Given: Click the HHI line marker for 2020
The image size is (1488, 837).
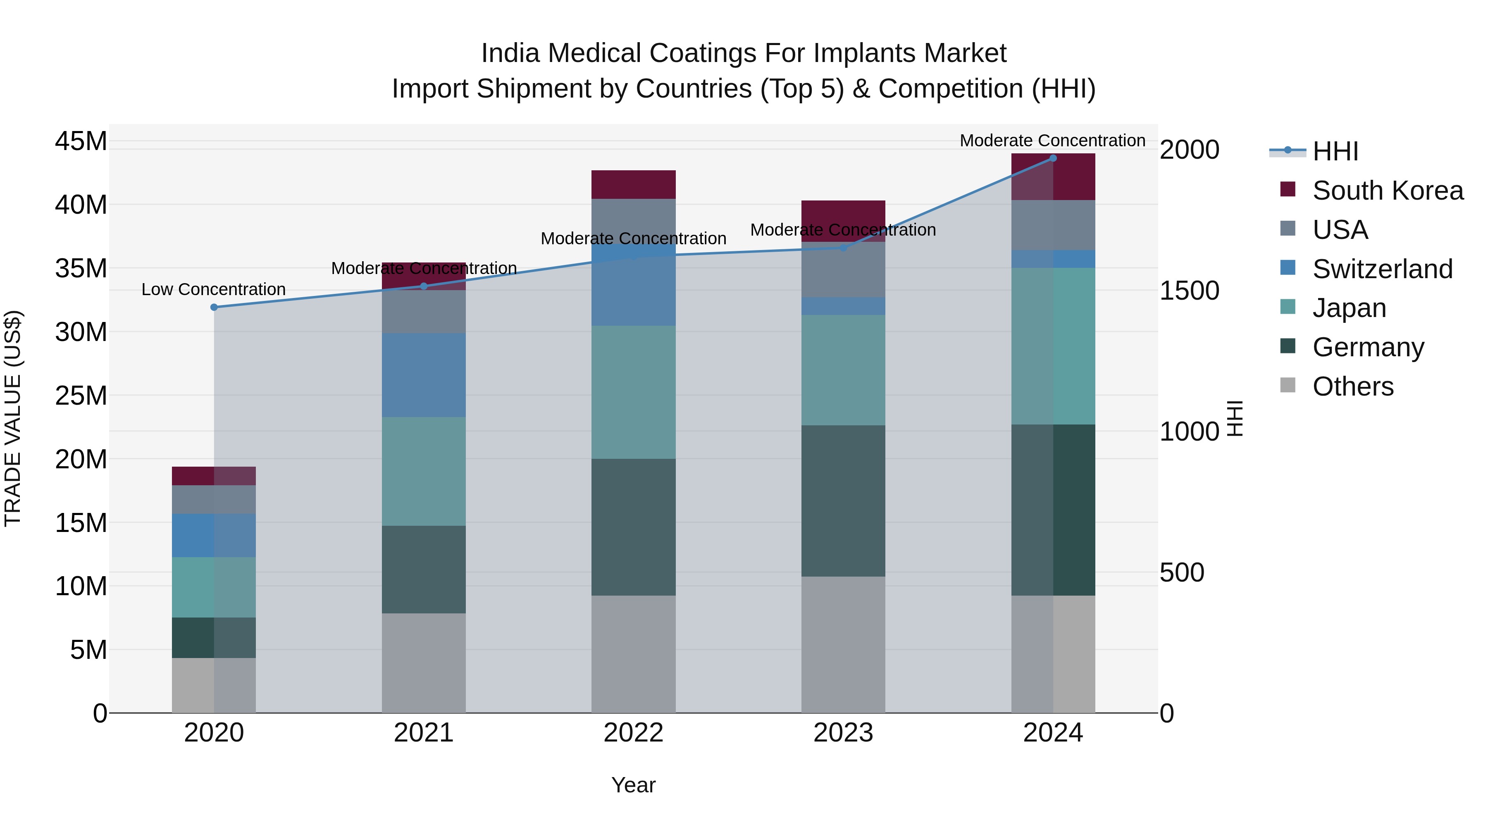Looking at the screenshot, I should point(214,307).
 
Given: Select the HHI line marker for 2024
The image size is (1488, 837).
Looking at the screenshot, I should point(1052,158).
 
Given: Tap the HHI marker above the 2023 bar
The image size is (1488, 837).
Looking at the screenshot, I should point(843,248).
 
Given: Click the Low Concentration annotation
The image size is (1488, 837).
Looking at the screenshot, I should point(213,289).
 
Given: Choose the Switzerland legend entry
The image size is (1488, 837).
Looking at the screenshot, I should point(1382,269).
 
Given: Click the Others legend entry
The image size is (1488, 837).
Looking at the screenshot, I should point(1352,386).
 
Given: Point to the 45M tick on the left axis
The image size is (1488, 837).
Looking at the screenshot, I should point(81,141).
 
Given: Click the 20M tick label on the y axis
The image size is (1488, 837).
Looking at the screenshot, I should point(81,460).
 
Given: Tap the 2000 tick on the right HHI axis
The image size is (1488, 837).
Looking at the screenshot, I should point(1189,150).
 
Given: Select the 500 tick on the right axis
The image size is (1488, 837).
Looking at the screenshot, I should point(1181,572).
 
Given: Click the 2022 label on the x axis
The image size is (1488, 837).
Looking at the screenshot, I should point(633,733).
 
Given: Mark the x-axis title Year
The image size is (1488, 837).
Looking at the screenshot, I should point(633,785).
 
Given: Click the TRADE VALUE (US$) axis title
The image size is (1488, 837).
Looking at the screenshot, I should point(13,419).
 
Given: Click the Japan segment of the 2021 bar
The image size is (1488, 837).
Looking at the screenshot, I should point(423,471).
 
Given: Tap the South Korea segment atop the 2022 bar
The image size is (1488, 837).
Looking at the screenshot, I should point(633,184).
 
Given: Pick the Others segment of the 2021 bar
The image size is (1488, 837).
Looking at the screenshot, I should point(423,663).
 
